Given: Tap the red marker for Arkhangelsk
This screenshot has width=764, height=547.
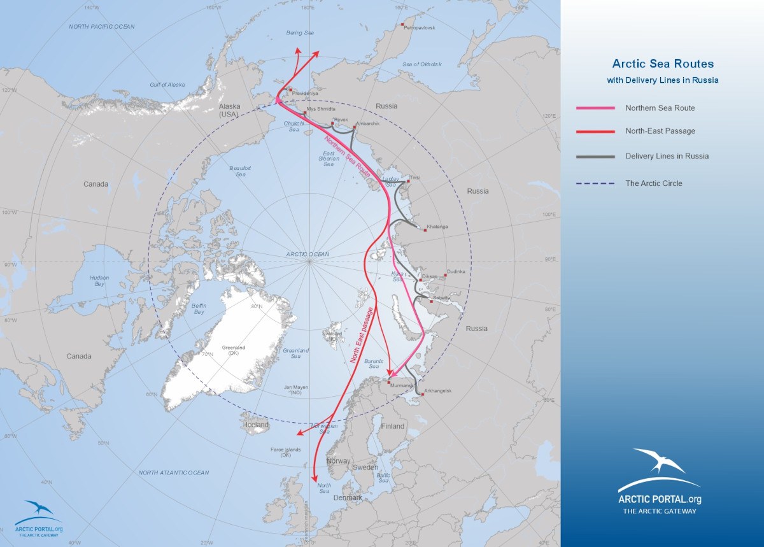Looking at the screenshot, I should coord(422,395).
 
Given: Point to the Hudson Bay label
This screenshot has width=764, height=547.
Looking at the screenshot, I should coord(99,281).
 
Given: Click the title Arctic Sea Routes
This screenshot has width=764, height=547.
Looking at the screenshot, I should coord(663,64).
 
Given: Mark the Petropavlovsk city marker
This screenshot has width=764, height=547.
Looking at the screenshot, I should coord(402,25).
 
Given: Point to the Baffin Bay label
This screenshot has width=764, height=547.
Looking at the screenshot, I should coord(198,308).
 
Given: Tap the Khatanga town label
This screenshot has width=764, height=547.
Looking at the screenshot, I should coord(437,227).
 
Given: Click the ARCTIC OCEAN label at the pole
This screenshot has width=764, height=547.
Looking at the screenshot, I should coord(308,254).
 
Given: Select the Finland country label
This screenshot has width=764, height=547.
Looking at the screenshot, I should coord(392,426).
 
